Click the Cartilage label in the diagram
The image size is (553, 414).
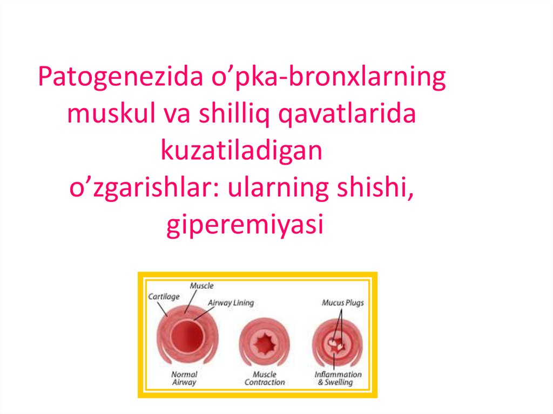tap(164, 296)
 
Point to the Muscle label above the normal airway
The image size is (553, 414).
tap(201, 286)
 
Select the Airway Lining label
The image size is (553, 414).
tap(231, 303)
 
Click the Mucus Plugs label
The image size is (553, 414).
tap(342, 303)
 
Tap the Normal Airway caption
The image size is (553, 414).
tap(184, 378)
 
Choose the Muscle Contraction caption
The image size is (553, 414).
tap(264, 378)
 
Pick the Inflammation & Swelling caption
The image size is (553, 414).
tap(338, 378)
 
